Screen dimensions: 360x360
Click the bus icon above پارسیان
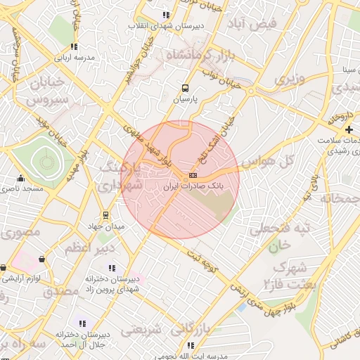(x=185, y=89)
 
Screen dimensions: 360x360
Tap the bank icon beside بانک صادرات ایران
(x=193, y=175)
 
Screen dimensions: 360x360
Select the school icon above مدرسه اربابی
(x=74, y=46)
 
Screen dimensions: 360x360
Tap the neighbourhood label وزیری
(x=290, y=79)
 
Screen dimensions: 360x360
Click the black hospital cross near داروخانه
(x=349, y=129)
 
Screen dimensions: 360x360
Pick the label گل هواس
(x=266, y=161)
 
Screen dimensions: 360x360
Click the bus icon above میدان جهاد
(x=105, y=215)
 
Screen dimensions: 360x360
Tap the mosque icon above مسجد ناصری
(x=20, y=178)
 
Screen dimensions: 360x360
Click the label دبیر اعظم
(x=87, y=248)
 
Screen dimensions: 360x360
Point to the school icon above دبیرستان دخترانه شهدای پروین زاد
(x=111, y=267)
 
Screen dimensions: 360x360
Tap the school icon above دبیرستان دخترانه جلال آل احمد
(x=82, y=323)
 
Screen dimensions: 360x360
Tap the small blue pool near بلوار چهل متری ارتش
(x=242, y=307)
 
